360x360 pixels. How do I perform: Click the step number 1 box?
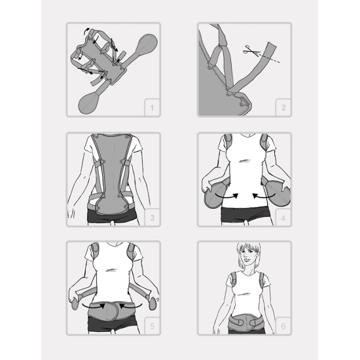tap(152, 107)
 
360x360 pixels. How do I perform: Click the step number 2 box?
tap(283, 107)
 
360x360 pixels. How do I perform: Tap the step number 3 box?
tap(152, 217)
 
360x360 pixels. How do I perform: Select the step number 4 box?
tap(283, 217)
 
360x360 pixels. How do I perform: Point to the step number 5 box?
tap(152, 326)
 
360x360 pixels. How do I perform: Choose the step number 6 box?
tap(283, 326)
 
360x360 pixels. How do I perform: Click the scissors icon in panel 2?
tap(251, 50)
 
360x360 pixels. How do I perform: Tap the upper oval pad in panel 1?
tap(147, 45)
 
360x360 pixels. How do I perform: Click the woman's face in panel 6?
tap(248, 255)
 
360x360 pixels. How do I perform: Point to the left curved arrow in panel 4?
tap(226, 196)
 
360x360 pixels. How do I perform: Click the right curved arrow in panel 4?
tap(263, 196)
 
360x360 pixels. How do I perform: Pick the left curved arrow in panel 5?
tap(94, 306)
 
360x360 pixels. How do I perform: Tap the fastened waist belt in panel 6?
tap(245, 322)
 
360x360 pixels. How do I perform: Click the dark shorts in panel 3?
tap(112, 217)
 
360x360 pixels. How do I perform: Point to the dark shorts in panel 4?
tap(245, 215)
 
